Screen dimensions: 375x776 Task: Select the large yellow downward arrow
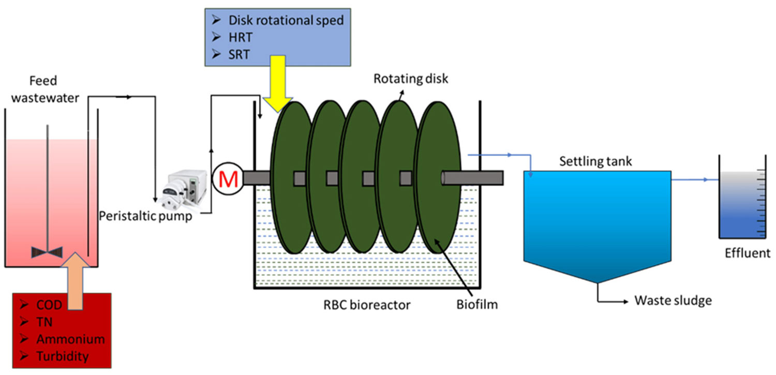277,83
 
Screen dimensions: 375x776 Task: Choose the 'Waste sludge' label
673,301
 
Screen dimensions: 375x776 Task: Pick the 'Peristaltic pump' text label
145,217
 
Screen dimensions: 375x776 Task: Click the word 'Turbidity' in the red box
63,356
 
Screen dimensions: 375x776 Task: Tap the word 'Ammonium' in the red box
70,339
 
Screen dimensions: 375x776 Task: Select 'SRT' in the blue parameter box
239,53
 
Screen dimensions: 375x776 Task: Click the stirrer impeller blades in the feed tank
47,251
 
